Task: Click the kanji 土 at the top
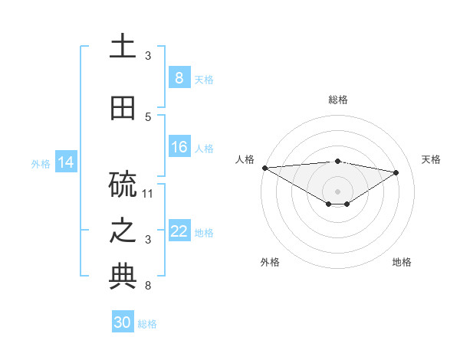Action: [123, 47]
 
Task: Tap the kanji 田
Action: [123, 108]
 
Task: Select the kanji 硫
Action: [123, 185]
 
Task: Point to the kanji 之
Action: [123, 231]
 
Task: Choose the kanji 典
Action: [123, 278]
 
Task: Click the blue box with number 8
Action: [179, 78]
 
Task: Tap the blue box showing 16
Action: [179, 147]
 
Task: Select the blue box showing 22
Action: [179, 231]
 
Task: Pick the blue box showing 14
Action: [65, 162]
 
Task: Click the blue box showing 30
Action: [123, 322]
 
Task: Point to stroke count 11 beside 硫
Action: [149, 193]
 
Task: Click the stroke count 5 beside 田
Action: [148, 116]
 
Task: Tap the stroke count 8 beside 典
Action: [148, 286]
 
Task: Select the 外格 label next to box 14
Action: [41, 163]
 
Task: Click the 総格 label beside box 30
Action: [147, 323]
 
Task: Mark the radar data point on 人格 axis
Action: [264, 168]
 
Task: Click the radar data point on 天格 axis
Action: [396, 172]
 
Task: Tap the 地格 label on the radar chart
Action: [402, 262]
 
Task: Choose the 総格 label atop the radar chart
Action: [337, 100]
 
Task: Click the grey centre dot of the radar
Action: [337, 191]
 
